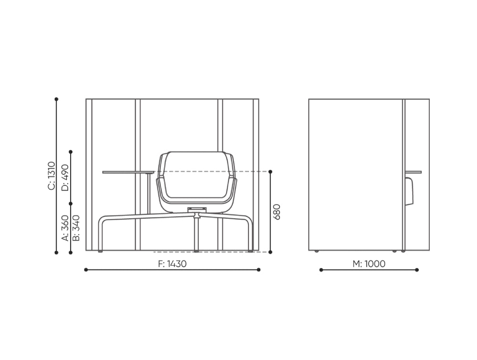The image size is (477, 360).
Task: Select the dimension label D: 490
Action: tap(65, 177)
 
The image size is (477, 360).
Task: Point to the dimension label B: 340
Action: tap(76, 228)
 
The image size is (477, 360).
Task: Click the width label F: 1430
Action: tap(172, 263)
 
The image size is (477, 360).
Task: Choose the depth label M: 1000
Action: tap(369, 263)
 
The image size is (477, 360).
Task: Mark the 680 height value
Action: tap(277, 211)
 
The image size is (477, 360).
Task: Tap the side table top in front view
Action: tap(128, 172)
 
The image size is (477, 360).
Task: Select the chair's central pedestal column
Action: tap(196, 234)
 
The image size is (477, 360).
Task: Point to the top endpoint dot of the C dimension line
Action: tap(56, 99)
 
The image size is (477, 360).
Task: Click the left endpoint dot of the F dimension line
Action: tap(86, 270)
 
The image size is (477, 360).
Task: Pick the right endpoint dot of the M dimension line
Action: tap(417, 270)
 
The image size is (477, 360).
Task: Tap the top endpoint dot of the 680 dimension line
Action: tap(270, 172)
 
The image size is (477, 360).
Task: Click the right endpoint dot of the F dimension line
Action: tap(259, 270)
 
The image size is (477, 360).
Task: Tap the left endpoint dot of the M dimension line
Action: tap(321, 270)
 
